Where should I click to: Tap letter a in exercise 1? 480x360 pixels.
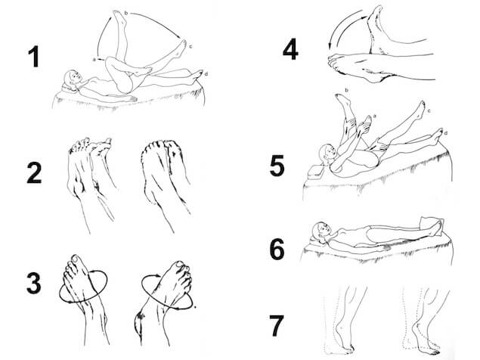95,56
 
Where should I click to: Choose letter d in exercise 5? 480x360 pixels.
445,132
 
